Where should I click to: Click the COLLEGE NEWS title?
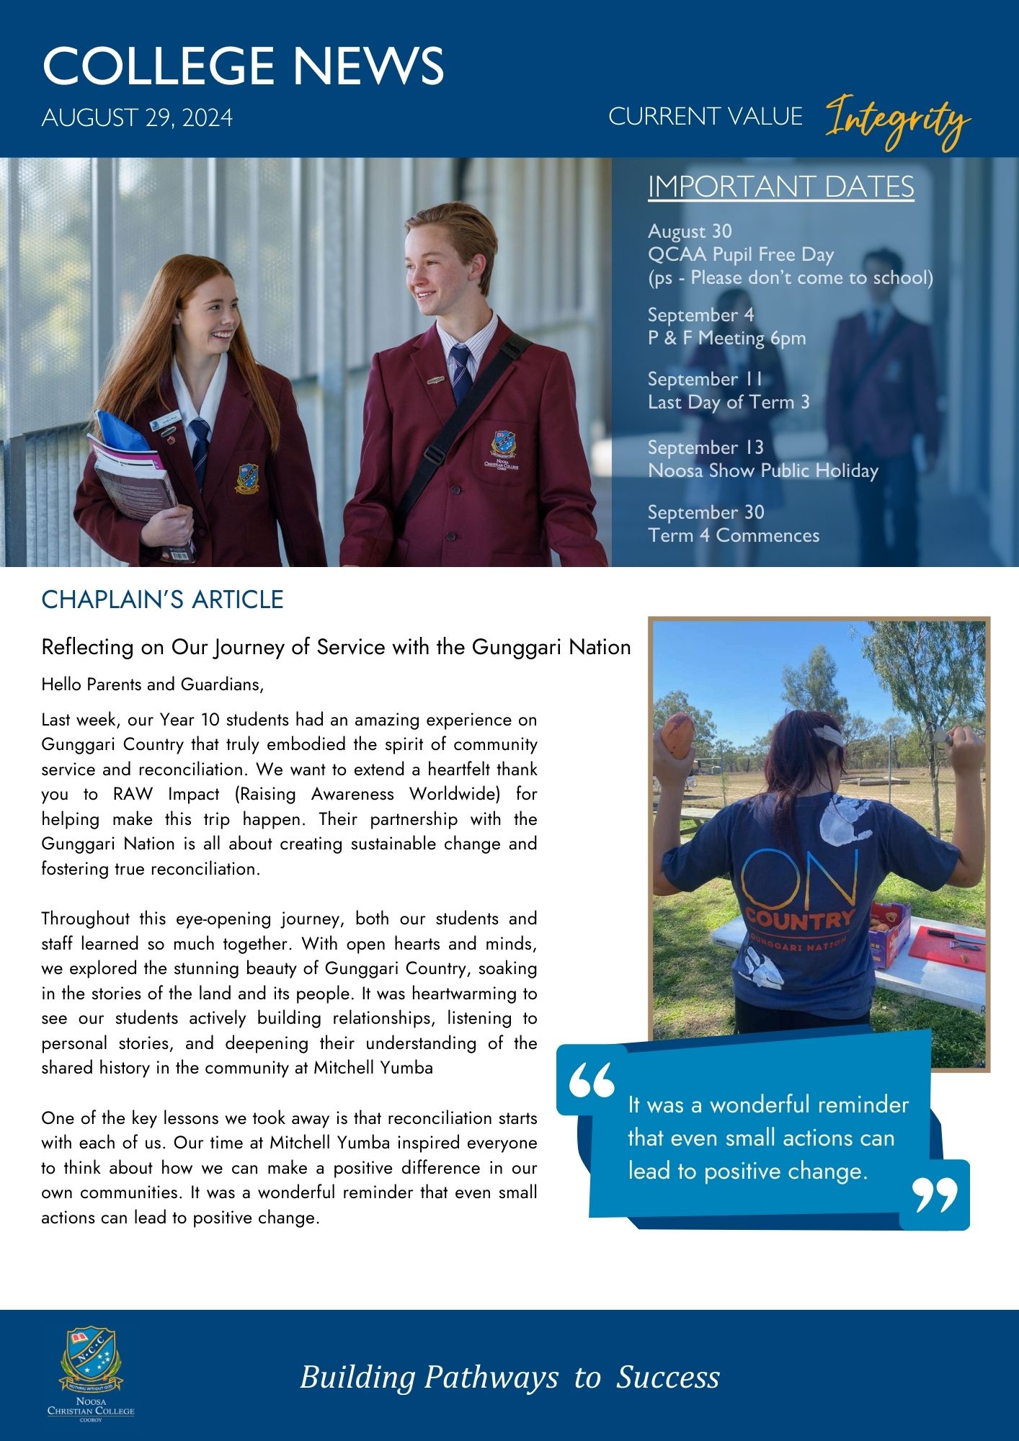pos(243,66)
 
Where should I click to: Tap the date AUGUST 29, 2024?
pos(137,117)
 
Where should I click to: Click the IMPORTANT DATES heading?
pos(780,187)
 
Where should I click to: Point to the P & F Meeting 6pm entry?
pos(726,338)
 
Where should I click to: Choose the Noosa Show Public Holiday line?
pos(762,470)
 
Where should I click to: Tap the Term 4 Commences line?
pos(733,535)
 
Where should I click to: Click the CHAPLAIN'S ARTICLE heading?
pos(162,599)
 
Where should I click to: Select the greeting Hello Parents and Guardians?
pos(153,684)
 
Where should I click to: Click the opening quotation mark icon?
pos(592,1080)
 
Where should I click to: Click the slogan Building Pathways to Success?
pos(509,1377)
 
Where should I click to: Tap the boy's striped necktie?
pos(460,371)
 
